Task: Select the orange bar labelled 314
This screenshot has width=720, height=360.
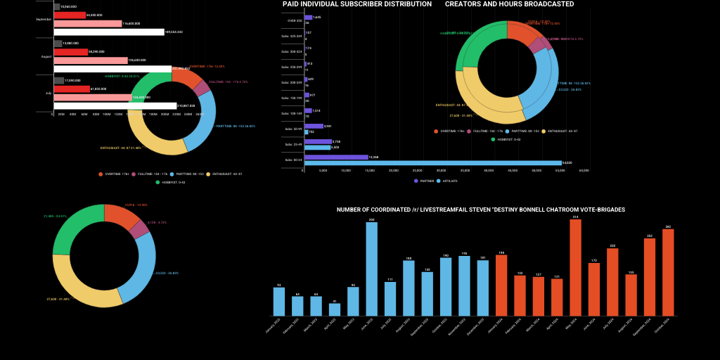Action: [575, 268]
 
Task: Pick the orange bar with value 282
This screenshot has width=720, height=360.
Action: [668, 273]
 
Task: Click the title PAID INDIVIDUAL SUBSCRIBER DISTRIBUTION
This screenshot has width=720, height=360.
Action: [357, 4]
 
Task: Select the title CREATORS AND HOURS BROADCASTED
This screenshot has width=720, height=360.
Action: [509, 4]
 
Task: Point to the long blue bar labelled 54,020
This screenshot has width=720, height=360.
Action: [433, 162]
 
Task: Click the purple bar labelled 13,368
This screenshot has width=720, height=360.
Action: [336, 157]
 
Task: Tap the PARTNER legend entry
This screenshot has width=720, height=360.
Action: [425, 181]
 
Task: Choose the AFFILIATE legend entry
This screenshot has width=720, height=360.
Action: [447, 181]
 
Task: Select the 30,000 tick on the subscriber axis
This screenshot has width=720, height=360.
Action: [440, 170]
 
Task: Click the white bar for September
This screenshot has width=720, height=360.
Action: [108, 32]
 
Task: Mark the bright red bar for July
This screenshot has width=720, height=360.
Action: [72, 89]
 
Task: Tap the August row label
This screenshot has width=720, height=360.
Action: [46, 56]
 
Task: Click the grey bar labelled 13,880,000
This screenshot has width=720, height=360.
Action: [58, 44]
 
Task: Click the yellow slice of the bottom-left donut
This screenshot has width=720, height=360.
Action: [81, 284]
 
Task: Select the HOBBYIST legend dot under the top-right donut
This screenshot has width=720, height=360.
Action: [493, 139]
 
